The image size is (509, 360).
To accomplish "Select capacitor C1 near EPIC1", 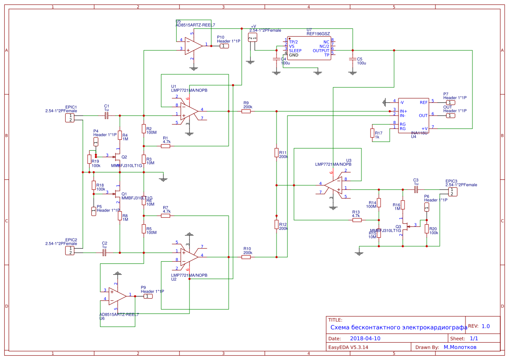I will [107, 115].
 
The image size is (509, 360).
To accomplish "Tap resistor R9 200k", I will [246, 111].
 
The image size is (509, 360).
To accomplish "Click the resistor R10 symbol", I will [246, 257].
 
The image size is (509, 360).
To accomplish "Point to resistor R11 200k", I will [276, 152].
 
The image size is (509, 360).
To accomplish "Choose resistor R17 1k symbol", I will [372, 133].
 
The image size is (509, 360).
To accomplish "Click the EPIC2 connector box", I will [70, 251].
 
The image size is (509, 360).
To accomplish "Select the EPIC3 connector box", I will [453, 192].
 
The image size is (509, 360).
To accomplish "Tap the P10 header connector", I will [224, 46].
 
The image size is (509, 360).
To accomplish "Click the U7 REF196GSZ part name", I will [318, 34].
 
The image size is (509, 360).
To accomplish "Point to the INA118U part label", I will [419, 133].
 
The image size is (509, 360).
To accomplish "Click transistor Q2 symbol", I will [117, 156].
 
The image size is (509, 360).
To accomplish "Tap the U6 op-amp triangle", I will [117, 296].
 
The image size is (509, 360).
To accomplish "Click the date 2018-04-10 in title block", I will [365, 338].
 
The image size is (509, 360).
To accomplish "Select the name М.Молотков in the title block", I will [460, 347].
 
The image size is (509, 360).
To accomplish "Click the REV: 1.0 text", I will [479, 326].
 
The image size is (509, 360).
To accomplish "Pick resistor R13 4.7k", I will [357, 220].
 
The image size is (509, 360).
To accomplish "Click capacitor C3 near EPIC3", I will [416, 189].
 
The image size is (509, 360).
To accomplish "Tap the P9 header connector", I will [148, 296].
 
